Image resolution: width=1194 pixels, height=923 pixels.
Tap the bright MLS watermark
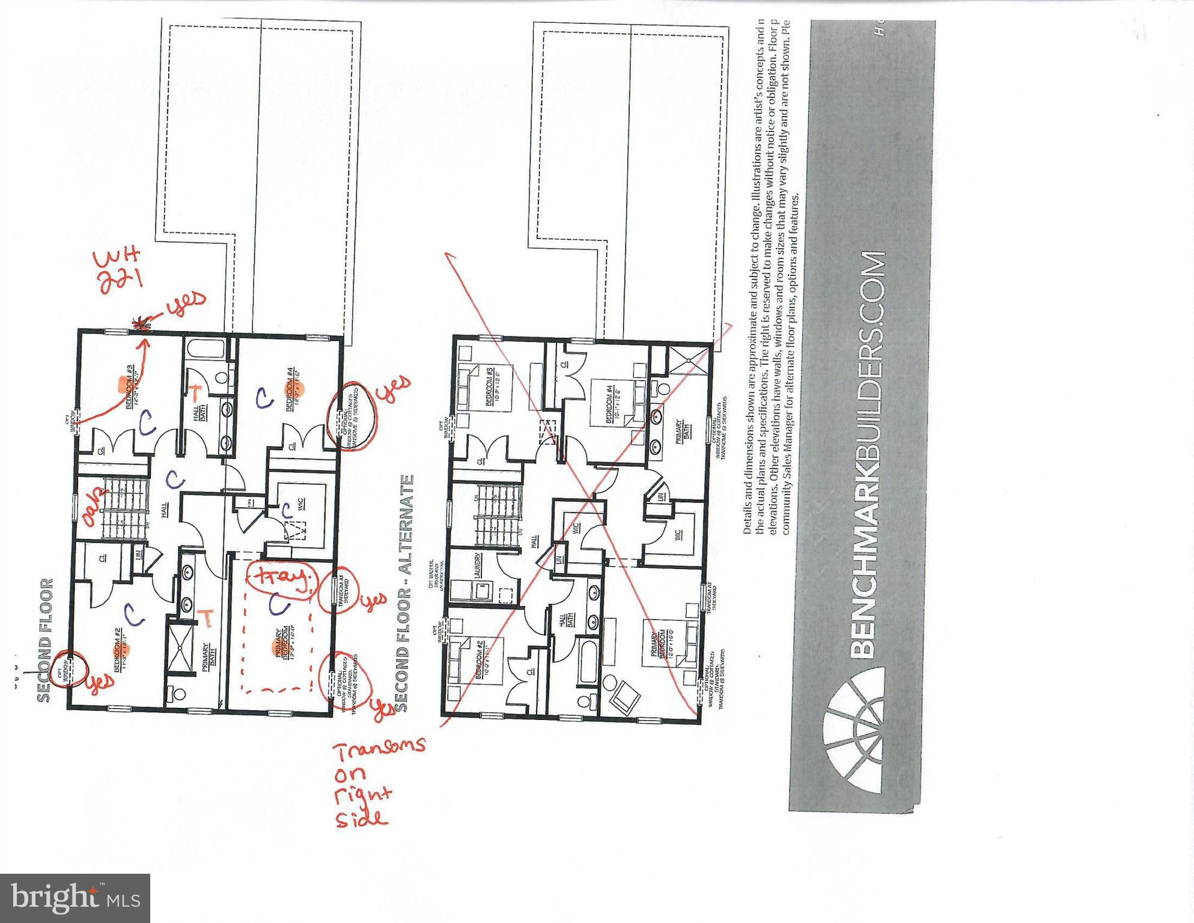(x=75, y=898)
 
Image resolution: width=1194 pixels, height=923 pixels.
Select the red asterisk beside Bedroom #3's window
(x=142, y=324)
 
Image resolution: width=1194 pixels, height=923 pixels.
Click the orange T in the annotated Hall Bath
(x=195, y=391)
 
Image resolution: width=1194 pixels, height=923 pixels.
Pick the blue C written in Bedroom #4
(x=262, y=397)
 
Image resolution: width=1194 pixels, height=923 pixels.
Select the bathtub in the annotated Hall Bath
(x=204, y=350)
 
